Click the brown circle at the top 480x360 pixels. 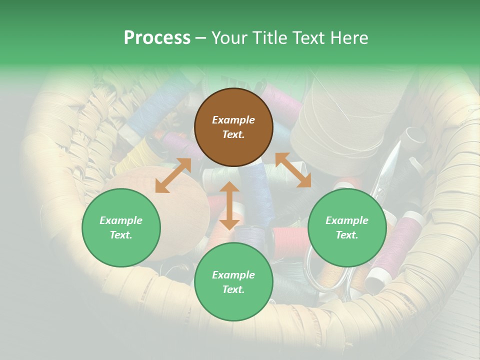click(233, 127)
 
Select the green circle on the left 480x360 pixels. click(121, 227)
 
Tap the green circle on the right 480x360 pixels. click(347, 227)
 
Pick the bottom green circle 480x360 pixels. click(233, 282)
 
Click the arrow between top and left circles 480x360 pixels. click(173, 175)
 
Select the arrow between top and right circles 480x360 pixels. click(293, 170)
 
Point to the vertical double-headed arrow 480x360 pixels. click(229, 205)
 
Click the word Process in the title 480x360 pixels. click(157, 37)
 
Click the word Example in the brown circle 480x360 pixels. click(233, 120)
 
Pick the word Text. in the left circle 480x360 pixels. click(121, 235)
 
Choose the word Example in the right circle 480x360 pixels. click(347, 220)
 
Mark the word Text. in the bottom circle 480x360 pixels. click(233, 289)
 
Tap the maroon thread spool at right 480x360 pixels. click(400, 240)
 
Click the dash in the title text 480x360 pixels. click(201, 38)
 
